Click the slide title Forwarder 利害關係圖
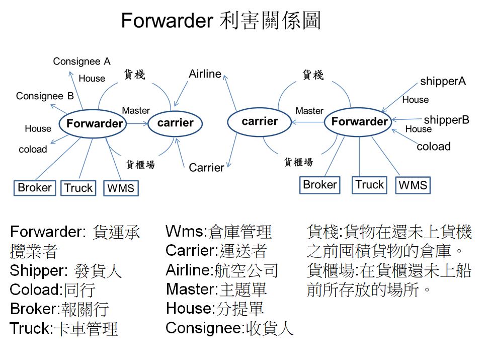pyautogui.click(x=221, y=21)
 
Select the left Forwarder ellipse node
pyautogui.click(x=95, y=123)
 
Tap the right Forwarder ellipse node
pyautogui.click(x=359, y=121)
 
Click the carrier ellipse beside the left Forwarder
pyautogui.click(x=175, y=123)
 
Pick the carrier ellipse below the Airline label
pyautogui.click(x=260, y=121)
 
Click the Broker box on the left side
pyautogui.click(x=35, y=188)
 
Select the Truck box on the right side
pyautogui.click(x=370, y=185)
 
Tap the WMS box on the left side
pyautogui.click(x=121, y=188)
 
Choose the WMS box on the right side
pyautogui.click(x=413, y=185)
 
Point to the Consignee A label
pyautogui.click(x=82, y=61)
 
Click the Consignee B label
pyautogui.click(x=45, y=96)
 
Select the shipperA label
pyautogui.click(x=443, y=81)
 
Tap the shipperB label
pyautogui.click(x=446, y=120)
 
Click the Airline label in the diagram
pyautogui.click(x=205, y=74)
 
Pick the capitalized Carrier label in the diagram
pyautogui.click(x=206, y=167)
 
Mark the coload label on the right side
pyautogui.click(x=434, y=147)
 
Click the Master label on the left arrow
pyautogui.click(x=136, y=110)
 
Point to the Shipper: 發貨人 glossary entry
pyautogui.click(x=66, y=271)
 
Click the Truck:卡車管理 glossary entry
pyautogui.click(x=64, y=329)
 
